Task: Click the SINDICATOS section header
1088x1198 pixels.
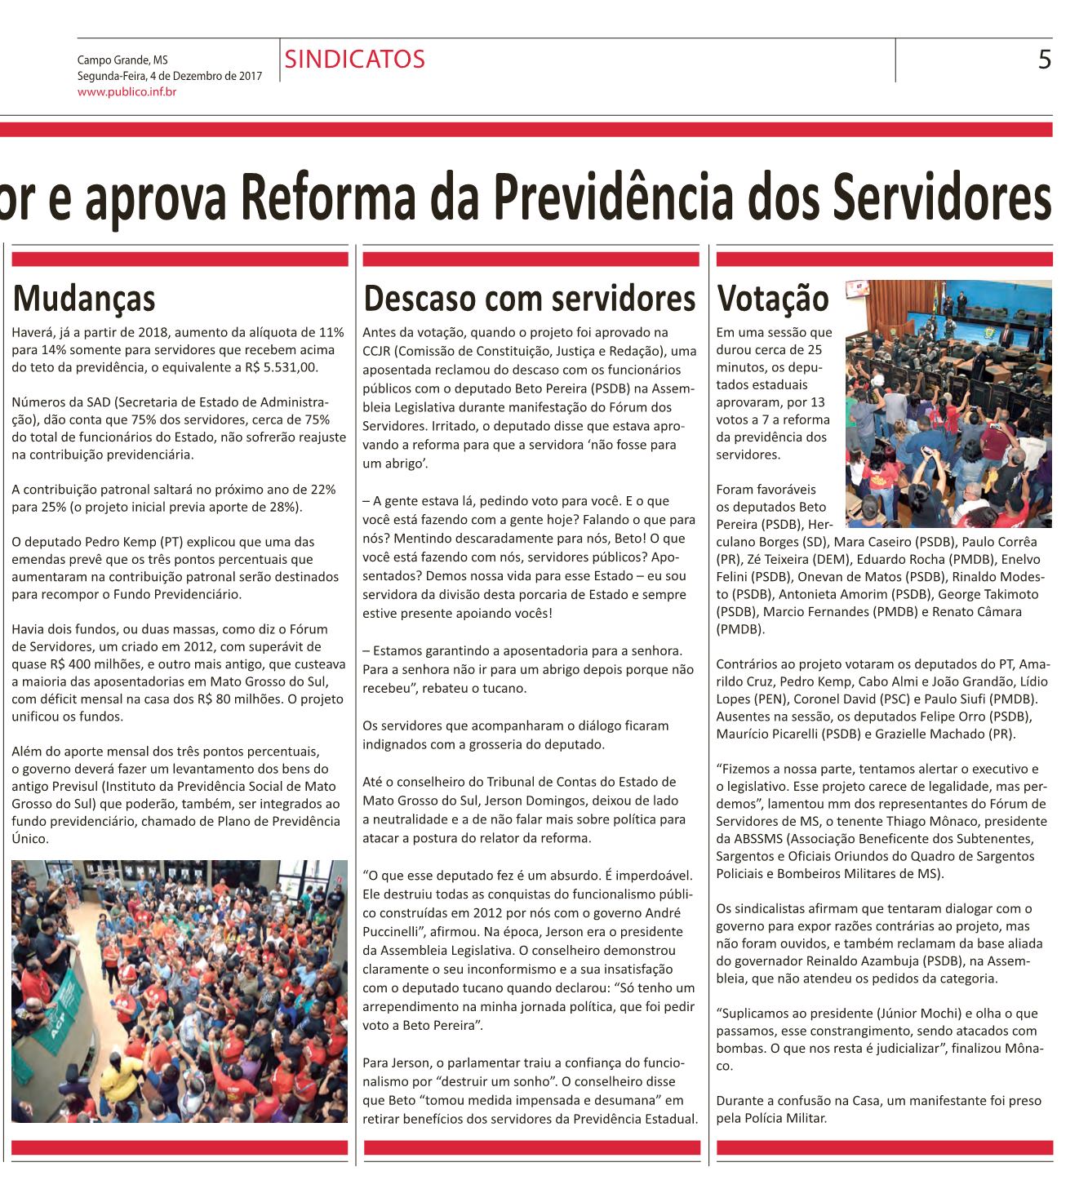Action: point(355,60)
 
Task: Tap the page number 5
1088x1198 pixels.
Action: point(1044,60)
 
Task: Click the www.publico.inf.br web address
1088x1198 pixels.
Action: point(127,91)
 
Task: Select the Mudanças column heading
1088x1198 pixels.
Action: point(84,299)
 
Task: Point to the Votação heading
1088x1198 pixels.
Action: point(771,299)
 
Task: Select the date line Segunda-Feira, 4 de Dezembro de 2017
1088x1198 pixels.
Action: point(169,76)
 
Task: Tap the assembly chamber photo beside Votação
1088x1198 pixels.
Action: point(948,403)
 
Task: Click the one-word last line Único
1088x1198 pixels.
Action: point(27,838)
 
